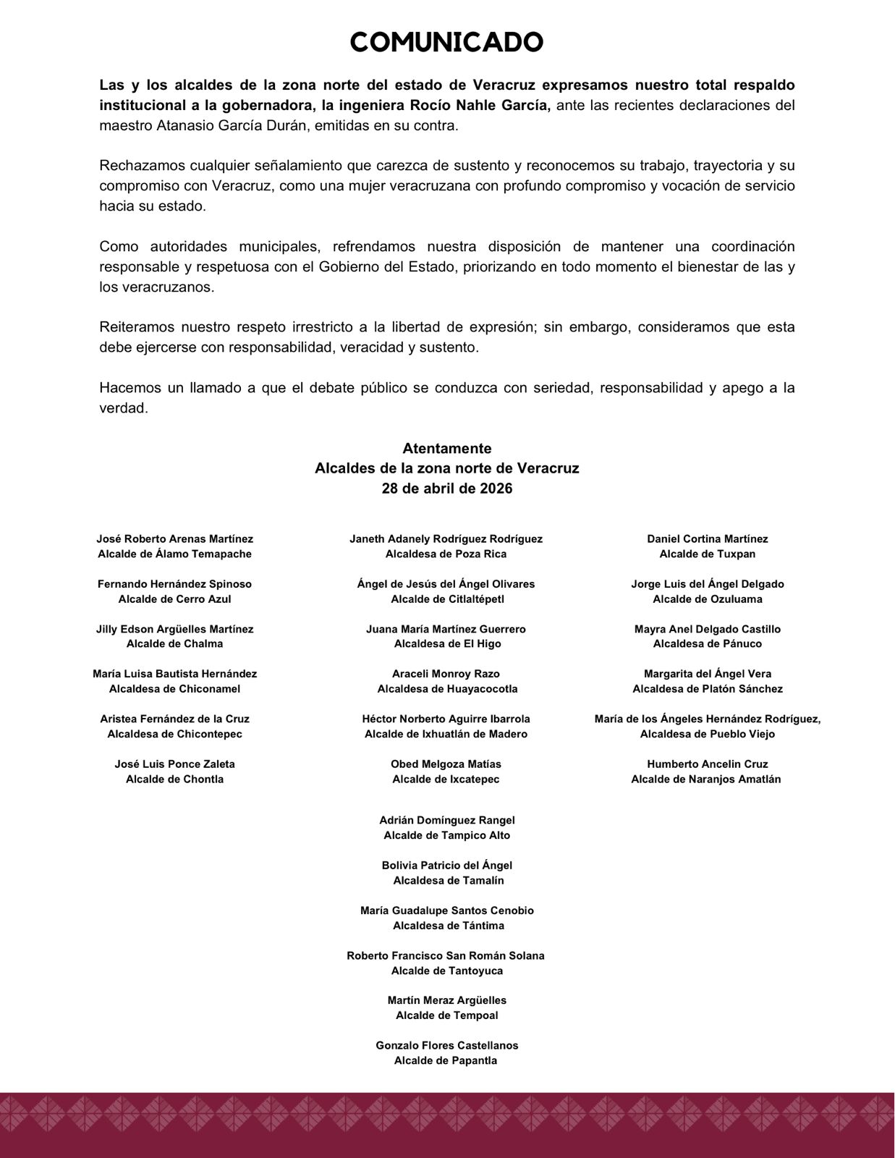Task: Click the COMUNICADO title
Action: click(446, 43)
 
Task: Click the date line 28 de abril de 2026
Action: click(446, 489)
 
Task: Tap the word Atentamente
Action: click(446, 449)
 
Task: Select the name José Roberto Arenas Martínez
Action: click(174, 539)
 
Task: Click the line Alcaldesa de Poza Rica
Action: click(446, 554)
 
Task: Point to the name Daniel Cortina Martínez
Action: click(707, 539)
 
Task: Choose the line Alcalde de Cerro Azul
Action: click(174, 599)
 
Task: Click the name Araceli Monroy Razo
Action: click(446, 674)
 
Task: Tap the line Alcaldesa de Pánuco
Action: click(707, 644)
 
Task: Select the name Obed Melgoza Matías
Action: click(446, 764)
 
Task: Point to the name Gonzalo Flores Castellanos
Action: click(446, 1046)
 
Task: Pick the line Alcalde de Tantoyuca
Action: click(446, 971)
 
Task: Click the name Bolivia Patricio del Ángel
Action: click(446, 866)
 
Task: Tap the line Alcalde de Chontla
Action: click(174, 779)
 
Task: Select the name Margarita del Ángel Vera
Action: click(707, 674)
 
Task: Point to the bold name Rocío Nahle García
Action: click(477, 105)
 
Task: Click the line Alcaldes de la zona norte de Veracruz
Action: click(446, 468)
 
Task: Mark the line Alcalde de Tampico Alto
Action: click(446, 836)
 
